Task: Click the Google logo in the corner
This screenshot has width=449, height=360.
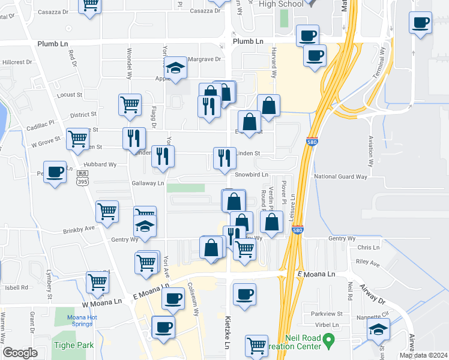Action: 20,353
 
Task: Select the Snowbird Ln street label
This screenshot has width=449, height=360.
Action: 251,175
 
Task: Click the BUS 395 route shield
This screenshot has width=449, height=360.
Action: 82,177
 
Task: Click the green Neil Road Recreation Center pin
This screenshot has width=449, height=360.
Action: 328,340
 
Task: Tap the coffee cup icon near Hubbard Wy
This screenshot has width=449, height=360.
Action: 56,172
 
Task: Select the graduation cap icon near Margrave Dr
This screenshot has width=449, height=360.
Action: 176,68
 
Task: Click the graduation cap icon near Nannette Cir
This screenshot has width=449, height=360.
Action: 378,329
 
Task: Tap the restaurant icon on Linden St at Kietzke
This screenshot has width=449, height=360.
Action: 224,158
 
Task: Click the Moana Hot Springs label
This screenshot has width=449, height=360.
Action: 75,320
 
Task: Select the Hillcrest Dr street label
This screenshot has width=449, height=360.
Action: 17,62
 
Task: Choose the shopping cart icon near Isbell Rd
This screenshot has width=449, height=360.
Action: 98,281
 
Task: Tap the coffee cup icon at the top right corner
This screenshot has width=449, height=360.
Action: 421,23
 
